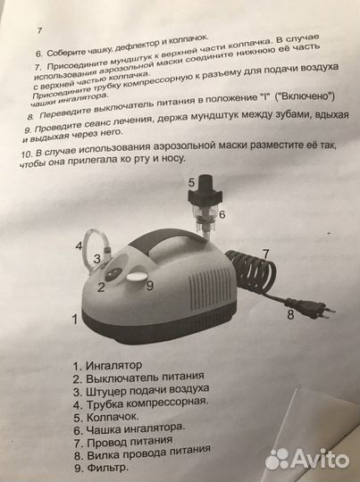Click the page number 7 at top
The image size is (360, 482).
coord(38,29)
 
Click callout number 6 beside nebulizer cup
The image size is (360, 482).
coord(222,214)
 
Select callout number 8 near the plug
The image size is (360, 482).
coord(289,314)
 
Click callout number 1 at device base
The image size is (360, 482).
coord(75,317)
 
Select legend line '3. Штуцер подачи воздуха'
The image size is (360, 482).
coord(145,390)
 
